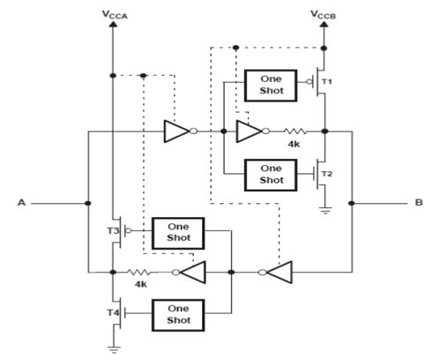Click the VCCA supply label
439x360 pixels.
pos(115,14)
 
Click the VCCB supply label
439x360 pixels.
pos(323,14)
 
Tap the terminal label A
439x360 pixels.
pos(21,202)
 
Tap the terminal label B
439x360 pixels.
pos(419,202)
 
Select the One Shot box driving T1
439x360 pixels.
pos(271,86)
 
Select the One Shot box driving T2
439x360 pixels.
pos(271,176)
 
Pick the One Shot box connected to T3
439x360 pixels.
pos(178,233)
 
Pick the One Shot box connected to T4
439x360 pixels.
pos(178,315)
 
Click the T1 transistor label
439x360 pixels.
pos(327,81)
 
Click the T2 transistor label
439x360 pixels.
pos(327,174)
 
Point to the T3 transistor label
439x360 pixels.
pos(113,231)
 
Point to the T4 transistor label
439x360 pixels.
pos(113,312)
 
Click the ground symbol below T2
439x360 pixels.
pos(324,210)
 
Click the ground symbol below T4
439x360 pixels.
pos(114,350)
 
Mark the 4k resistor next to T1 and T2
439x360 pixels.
pos(295,131)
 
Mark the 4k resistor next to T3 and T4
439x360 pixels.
pos(139,273)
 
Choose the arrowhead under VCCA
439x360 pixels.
pos(113,24)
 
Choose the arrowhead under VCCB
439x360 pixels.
pos(324,24)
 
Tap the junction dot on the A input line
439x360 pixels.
pos(87,203)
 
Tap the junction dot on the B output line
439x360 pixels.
pos(352,203)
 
